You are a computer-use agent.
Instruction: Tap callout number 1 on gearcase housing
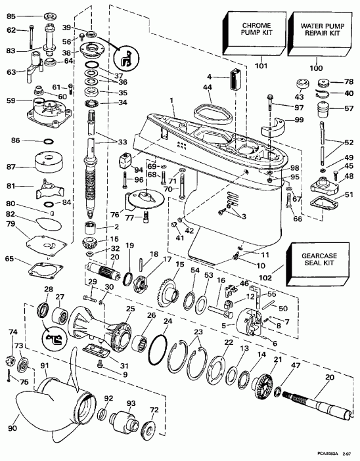(x=171, y=100)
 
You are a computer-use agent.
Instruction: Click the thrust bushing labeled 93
(x=122, y=420)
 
